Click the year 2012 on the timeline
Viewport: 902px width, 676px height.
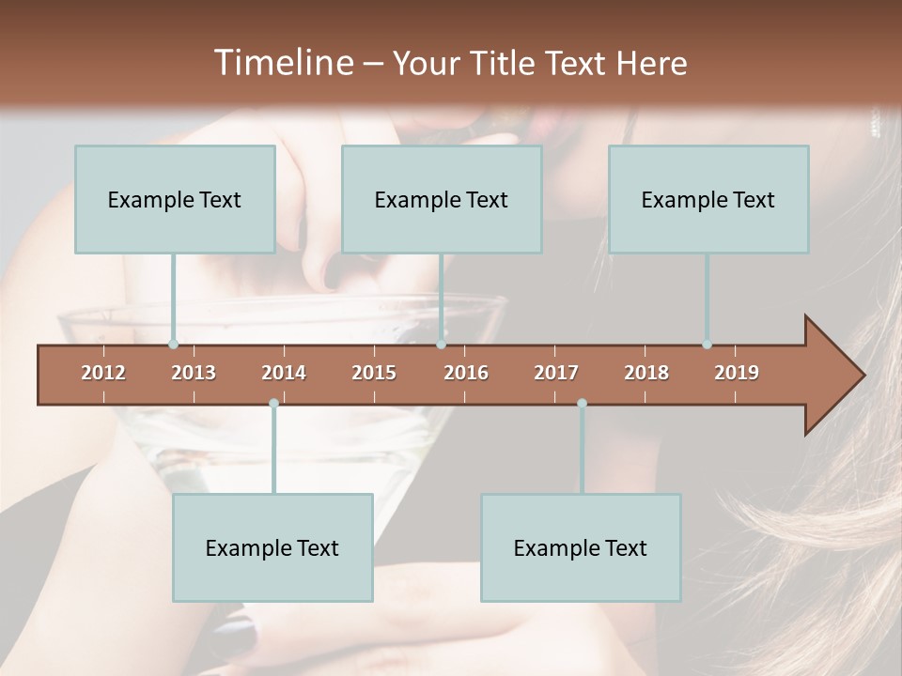tap(103, 373)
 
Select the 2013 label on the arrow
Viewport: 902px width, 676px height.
tap(194, 373)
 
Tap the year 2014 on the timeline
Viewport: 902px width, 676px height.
tap(284, 373)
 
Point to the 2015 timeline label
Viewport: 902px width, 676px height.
tap(374, 373)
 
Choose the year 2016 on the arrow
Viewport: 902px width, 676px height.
tap(466, 373)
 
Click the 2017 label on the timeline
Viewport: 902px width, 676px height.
tap(556, 373)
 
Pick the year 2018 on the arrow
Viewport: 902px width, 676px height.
tap(646, 373)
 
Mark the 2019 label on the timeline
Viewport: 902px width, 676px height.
tap(737, 373)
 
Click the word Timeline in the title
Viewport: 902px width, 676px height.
tap(282, 63)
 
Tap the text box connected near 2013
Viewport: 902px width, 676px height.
tap(175, 199)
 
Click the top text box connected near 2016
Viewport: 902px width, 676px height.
tap(442, 199)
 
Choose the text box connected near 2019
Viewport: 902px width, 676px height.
tap(708, 199)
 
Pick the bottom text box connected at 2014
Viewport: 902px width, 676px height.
tap(272, 547)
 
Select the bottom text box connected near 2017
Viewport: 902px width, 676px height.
tap(581, 547)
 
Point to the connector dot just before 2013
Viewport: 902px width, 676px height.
tap(173, 345)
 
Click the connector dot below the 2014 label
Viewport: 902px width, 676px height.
tap(273, 403)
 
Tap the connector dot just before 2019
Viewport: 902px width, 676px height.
tap(707, 345)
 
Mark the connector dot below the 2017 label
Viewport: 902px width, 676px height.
tap(582, 403)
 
